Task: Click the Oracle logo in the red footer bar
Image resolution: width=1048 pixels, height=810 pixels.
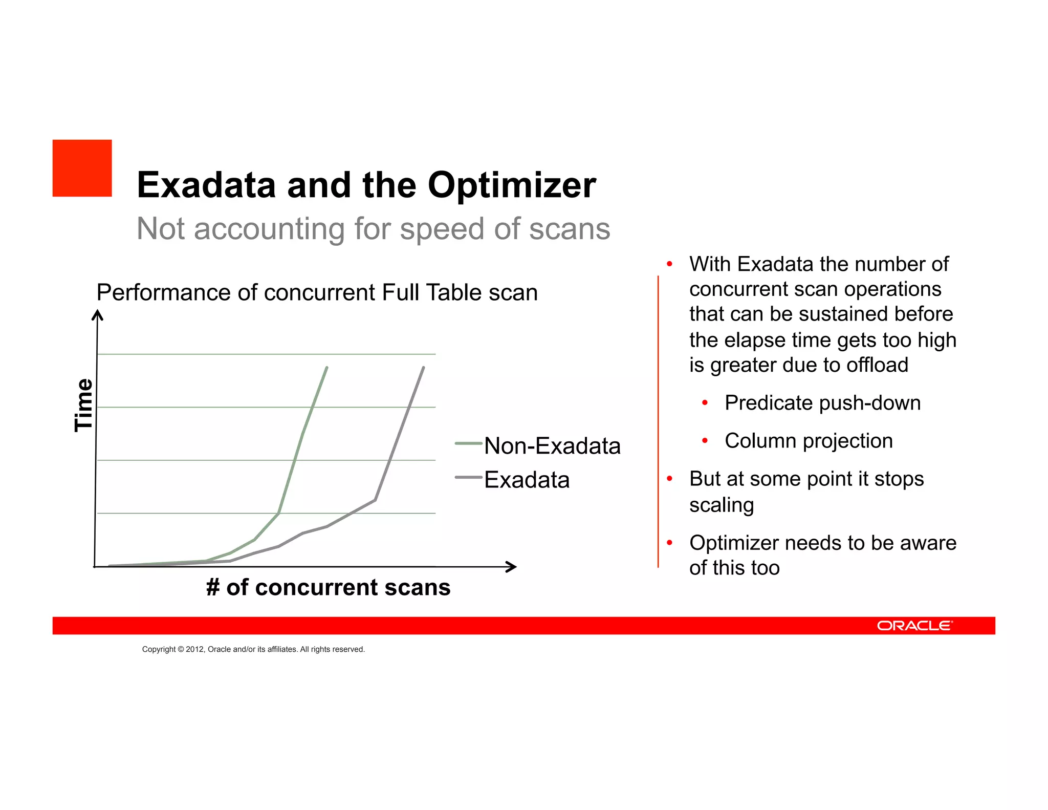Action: tap(914, 626)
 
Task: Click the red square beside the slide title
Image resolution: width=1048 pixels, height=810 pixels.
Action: tap(82, 168)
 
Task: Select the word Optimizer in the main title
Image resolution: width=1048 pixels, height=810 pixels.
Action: tap(512, 185)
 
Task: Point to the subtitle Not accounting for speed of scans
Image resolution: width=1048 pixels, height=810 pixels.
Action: tap(373, 228)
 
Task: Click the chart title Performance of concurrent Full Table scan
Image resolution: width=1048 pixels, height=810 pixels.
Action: tap(317, 292)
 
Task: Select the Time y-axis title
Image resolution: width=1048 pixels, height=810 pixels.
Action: tap(83, 404)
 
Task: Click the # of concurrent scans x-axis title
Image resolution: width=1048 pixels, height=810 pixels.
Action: tap(328, 587)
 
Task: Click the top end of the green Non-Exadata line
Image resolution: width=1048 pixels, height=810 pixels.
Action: tap(326, 368)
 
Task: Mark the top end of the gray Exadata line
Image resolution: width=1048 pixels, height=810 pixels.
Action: tap(424, 368)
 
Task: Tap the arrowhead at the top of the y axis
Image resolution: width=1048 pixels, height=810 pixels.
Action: tap(97, 314)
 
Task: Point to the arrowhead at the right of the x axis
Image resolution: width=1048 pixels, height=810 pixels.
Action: tap(511, 567)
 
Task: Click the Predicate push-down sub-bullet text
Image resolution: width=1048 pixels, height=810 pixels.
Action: tap(822, 403)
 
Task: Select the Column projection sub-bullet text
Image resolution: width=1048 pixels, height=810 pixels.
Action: tap(809, 441)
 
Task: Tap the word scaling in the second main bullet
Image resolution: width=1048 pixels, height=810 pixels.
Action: tap(722, 505)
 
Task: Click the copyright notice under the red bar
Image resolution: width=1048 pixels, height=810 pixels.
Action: tap(253, 649)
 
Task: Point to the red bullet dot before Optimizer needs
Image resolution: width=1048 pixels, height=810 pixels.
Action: tap(669, 543)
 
